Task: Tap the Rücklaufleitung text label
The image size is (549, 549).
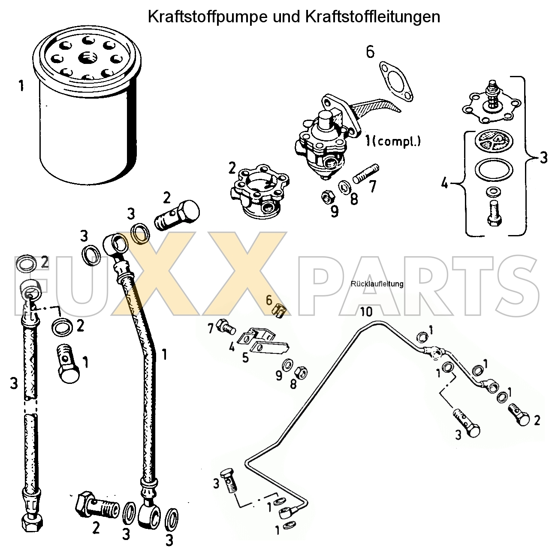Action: pyautogui.click(x=377, y=284)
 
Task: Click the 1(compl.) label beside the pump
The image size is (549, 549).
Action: pyautogui.click(x=392, y=141)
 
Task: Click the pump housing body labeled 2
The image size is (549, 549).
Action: pyautogui.click(x=259, y=191)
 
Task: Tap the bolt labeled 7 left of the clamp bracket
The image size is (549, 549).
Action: pyautogui.click(x=225, y=328)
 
